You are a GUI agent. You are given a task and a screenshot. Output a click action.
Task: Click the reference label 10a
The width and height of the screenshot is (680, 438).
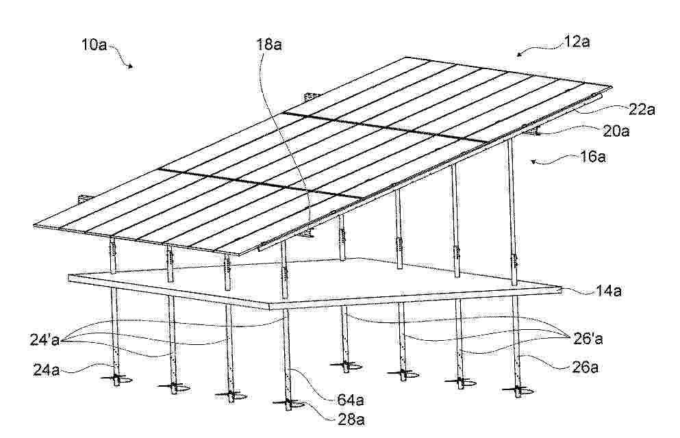94,44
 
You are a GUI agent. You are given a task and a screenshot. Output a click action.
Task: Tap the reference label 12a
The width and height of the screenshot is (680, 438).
577,42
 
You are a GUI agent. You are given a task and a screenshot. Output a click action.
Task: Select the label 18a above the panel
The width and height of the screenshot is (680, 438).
269,44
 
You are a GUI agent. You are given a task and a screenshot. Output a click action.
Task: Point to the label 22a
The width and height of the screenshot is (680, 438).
642,109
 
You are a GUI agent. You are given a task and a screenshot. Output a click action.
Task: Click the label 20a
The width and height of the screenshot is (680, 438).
616,131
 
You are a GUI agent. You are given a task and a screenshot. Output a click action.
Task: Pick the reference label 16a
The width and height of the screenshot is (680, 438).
593,157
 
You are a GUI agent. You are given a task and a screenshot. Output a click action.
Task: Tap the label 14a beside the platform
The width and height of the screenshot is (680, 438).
608,291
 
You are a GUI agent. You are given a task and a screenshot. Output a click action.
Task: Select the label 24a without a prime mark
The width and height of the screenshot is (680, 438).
47,370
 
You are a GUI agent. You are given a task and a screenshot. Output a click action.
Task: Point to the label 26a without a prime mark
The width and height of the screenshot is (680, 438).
585,368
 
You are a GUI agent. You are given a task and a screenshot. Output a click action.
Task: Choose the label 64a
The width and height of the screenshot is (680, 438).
351,400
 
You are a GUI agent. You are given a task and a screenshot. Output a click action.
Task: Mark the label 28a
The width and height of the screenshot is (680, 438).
351,420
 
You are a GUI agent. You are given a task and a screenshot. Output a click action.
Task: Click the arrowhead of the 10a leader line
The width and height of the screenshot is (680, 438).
130,66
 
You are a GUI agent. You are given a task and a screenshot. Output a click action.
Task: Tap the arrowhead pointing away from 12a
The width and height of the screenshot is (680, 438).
520,53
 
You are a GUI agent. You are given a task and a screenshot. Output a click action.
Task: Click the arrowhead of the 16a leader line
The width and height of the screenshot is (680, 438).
535,162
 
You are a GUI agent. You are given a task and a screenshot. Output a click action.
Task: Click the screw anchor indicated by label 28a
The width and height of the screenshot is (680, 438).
288,404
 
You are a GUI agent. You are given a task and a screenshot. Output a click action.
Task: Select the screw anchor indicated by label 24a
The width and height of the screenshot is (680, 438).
116,380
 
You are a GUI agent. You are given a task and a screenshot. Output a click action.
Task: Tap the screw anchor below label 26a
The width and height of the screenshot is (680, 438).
518,391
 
